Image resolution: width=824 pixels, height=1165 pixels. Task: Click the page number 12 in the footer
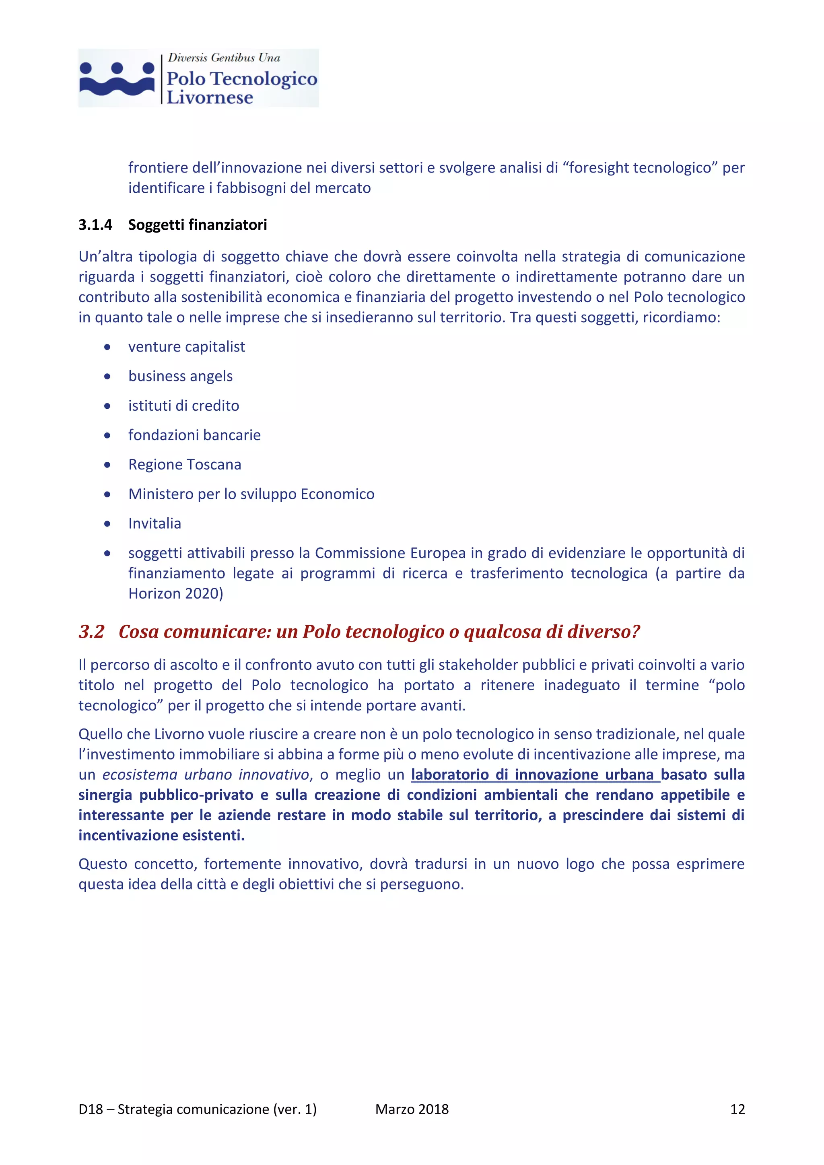pyautogui.click(x=737, y=1109)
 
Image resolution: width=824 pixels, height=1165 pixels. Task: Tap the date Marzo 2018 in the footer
pyautogui.click(x=412, y=1109)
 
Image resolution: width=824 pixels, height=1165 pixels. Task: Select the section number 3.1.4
pyautogui.click(x=95, y=225)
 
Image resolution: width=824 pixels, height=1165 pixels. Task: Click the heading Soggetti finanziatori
pyautogui.click(x=198, y=225)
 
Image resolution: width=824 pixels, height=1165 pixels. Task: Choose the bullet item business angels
pyautogui.click(x=180, y=376)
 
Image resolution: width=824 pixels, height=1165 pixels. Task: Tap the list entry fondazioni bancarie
pyautogui.click(x=194, y=435)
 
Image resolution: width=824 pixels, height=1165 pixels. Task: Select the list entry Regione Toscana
pyautogui.click(x=185, y=464)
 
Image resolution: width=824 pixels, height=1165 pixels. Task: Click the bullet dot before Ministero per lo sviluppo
pyautogui.click(x=107, y=494)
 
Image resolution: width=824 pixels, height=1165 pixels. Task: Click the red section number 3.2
pyautogui.click(x=91, y=632)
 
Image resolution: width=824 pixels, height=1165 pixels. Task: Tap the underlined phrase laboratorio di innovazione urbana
pyautogui.click(x=535, y=774)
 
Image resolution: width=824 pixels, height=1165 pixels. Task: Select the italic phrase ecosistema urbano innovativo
pyautogui.click(x=206, y=774)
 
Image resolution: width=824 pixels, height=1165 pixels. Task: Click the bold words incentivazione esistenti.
pyautogui.click(x=161, y=835)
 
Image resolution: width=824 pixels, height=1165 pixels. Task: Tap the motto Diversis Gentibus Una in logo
pyautogui.click(x=224, y=58)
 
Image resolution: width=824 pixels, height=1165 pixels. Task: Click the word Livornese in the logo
pyautogui.click(x=210, y=97)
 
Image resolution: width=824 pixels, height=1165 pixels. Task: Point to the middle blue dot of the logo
pyautogui.click(x=117, y=68)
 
